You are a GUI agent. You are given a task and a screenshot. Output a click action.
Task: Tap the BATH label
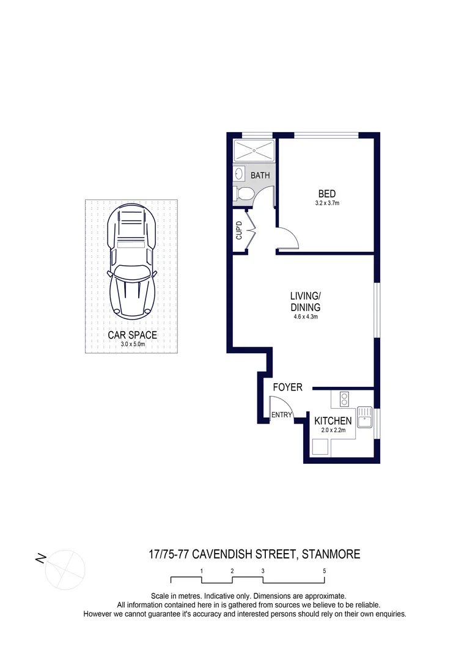click(260, 175)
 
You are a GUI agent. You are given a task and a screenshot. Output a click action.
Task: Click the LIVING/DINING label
click(306, 302)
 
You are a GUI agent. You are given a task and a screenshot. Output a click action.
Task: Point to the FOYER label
click(287, 387)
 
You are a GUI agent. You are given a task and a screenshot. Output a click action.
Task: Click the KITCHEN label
click(333, 421)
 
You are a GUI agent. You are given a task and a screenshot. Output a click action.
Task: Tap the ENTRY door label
click(281, 416)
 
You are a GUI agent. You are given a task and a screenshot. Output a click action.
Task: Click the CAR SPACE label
click(133, 335)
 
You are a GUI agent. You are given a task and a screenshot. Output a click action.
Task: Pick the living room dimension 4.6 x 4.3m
click(306, 317)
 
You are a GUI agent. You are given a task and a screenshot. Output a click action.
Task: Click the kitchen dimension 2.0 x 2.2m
click(334, 430)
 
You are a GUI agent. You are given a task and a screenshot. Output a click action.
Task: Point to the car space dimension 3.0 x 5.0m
click(133, 344)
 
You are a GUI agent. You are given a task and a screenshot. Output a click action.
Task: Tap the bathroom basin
click(239, 174)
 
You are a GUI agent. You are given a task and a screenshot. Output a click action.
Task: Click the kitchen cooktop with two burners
click(344, 399)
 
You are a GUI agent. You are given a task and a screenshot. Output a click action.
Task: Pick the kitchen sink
click(366, 417)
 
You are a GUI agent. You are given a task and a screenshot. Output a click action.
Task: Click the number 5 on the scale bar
click(325, 571)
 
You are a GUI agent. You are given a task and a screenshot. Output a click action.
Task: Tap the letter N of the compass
click(41, 559)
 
